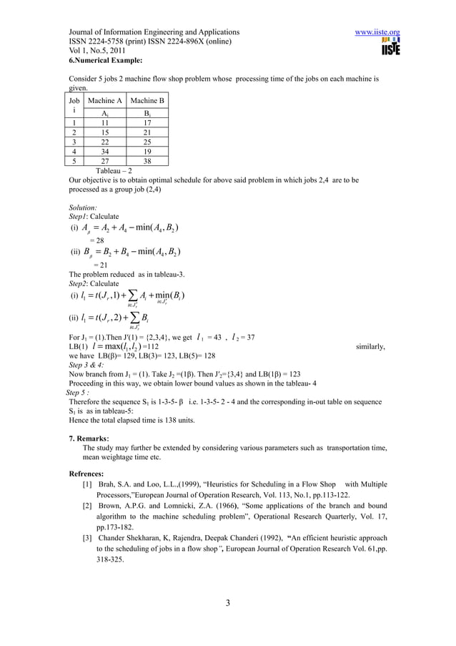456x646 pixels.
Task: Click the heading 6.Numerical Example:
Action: point(105,61)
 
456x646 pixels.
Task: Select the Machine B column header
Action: point(147,101)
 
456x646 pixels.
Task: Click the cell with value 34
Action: point(104,152)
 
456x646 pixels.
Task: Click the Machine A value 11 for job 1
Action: point(104,122)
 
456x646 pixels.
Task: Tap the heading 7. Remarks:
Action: point(89,437)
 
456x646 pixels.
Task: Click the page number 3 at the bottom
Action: point(227,601)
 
